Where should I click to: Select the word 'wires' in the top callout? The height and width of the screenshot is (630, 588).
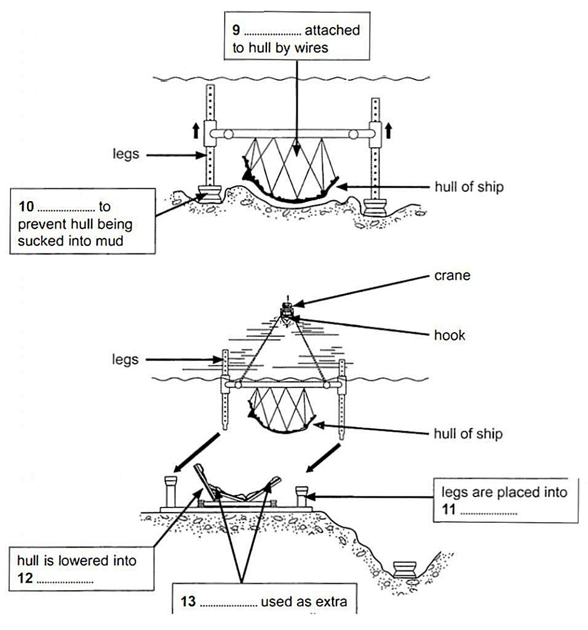tap(312, 48)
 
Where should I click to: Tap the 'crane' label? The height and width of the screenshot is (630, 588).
tap(452, 276)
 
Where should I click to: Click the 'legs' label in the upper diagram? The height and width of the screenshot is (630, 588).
tap(125, 154)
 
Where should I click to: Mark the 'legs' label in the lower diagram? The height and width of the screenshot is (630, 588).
tap(125, 359)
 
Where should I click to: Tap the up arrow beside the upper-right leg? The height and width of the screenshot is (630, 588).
tap(388, 130)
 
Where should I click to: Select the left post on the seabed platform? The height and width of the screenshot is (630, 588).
tap(169, 490)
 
